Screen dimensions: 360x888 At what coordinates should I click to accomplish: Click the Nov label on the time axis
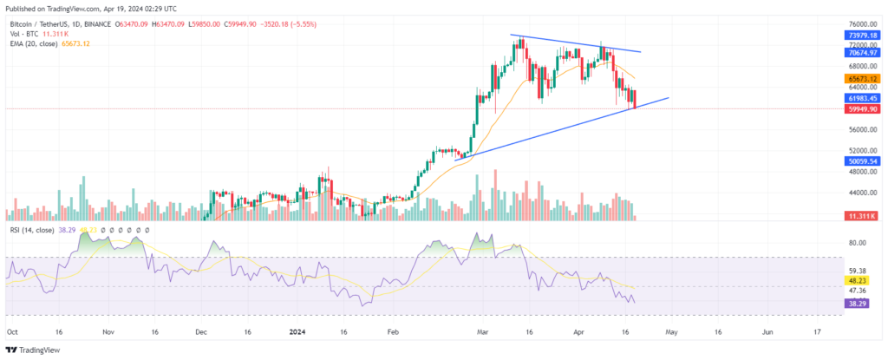pyautogui.click(x=108, y=331)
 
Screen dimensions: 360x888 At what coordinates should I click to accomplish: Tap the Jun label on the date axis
pyautogui.click(x=767, y=331)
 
